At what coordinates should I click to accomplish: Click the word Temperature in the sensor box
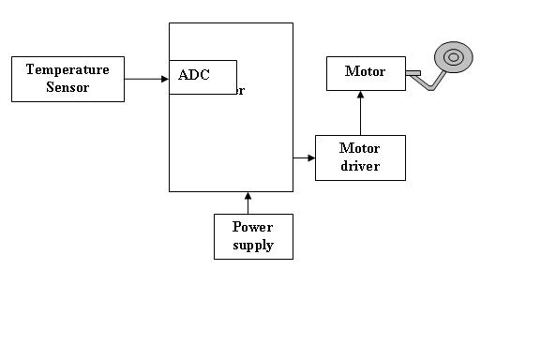(x=68, y=69)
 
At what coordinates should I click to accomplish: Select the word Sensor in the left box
(x=68, y=87)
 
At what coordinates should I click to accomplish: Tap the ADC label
(x=194, y=75)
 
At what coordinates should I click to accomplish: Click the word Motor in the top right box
(x=365, y=71)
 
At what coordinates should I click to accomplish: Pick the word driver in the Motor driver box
(x=360, y=166)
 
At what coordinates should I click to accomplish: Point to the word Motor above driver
(x=360, y=148)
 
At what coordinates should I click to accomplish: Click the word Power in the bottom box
(x=252, y=227)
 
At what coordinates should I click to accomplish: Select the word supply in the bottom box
(x=252, y=245)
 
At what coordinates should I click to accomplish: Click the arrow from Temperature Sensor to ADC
(x=145, y=79)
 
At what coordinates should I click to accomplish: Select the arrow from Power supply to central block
(x=248, y=203)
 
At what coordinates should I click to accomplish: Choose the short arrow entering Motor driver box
(x=304, y=157)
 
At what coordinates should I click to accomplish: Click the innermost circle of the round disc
(x=453, y=58)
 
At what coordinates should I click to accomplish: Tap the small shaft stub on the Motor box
(x=413, y=72)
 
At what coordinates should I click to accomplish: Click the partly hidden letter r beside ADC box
(x=241, y=92)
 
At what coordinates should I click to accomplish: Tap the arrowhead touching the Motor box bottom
(x=360, y=95)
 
